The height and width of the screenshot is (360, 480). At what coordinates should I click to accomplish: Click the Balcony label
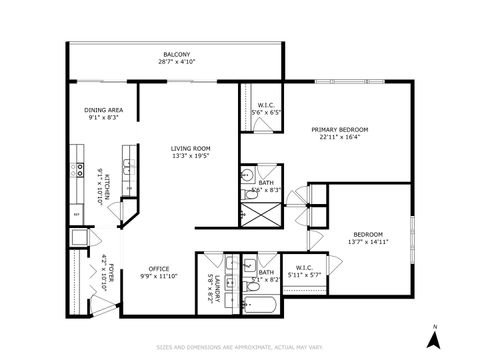tap(176, 54)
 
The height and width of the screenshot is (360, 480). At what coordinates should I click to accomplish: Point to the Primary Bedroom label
tap(340, 129)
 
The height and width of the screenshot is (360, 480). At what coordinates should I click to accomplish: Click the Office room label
tap(158, 267)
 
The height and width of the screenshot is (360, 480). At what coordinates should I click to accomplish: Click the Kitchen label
tap(102, 185)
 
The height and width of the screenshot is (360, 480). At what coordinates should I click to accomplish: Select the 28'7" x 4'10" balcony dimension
tap(176, 62)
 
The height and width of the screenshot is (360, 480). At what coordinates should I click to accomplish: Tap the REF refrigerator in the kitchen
tap(76, 214)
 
